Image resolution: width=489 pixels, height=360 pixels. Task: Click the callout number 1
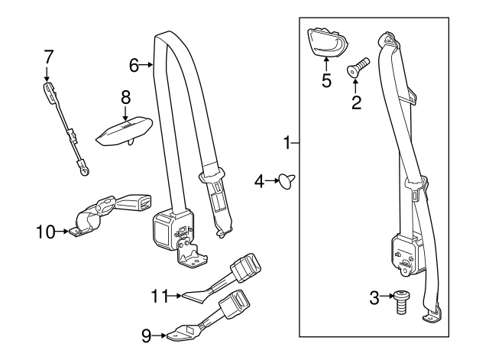[x=287, y=142]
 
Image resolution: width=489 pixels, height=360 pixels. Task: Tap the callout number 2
[x=356, y=102]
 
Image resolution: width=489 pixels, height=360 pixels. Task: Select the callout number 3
[x=374, y=297]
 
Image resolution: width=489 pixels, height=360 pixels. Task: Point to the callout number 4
[x=259, y=181]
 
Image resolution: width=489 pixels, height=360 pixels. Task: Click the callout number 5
[x=326, y=80]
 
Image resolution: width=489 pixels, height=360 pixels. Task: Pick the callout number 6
[x=134, y=66]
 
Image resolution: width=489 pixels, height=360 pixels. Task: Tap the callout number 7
[x=48, y=56]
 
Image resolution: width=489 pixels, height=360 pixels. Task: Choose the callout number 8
[x=126, y=97]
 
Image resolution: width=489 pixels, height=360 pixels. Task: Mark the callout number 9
[x=147, y=334]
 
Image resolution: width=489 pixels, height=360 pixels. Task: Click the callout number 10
[x=45, y=230]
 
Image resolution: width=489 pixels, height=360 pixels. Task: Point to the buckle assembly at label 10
[x=103, y=212]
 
